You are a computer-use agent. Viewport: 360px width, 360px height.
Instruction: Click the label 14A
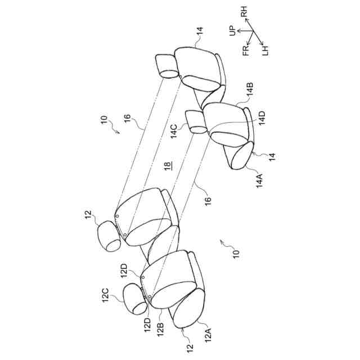coord(260,180)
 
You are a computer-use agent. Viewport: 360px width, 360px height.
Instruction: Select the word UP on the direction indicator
coord(232,29)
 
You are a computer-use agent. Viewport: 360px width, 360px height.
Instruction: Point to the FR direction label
coord(246,52)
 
